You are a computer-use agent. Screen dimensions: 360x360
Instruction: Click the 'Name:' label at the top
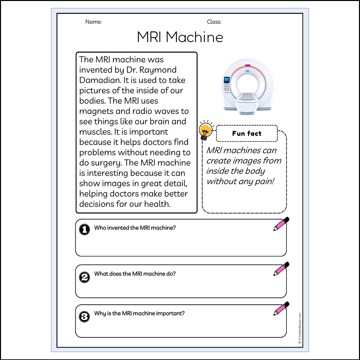point(93,22)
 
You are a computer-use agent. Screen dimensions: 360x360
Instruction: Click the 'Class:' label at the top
point(214,22)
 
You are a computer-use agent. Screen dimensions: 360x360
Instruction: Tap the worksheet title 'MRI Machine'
point(180,37)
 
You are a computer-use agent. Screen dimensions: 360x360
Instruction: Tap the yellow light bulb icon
point(205,130)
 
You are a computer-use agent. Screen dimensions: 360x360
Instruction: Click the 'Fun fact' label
point(247,134)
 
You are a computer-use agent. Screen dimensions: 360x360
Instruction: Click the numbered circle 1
point(84,229)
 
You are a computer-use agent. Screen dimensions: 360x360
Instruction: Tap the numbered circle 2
point(84,277)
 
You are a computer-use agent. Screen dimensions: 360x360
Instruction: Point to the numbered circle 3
point(84,316)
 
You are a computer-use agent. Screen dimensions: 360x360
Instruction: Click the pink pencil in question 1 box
point(281,224)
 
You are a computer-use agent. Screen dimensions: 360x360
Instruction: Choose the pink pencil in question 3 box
point(281,309)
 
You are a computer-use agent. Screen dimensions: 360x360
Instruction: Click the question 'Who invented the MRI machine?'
point(135,228)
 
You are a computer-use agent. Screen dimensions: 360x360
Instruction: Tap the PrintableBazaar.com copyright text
point(300,328)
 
